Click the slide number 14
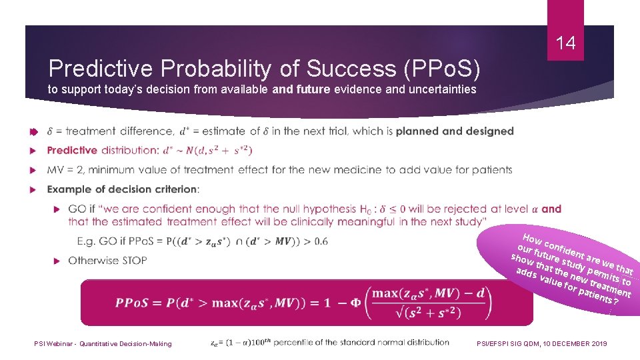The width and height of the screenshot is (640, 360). [565, 44]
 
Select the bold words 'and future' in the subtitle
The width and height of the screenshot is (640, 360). [301, 89]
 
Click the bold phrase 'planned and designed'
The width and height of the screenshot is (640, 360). [455, 131]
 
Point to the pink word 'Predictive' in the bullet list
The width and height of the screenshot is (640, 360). [72, 151]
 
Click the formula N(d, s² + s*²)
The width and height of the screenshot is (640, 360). [219, 151]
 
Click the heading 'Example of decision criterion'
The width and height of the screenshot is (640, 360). [122, 189]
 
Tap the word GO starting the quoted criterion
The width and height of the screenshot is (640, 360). [77, 209]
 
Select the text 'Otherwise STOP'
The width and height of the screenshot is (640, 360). [107, 260]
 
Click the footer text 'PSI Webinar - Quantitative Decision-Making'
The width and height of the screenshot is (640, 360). [103, 343]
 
